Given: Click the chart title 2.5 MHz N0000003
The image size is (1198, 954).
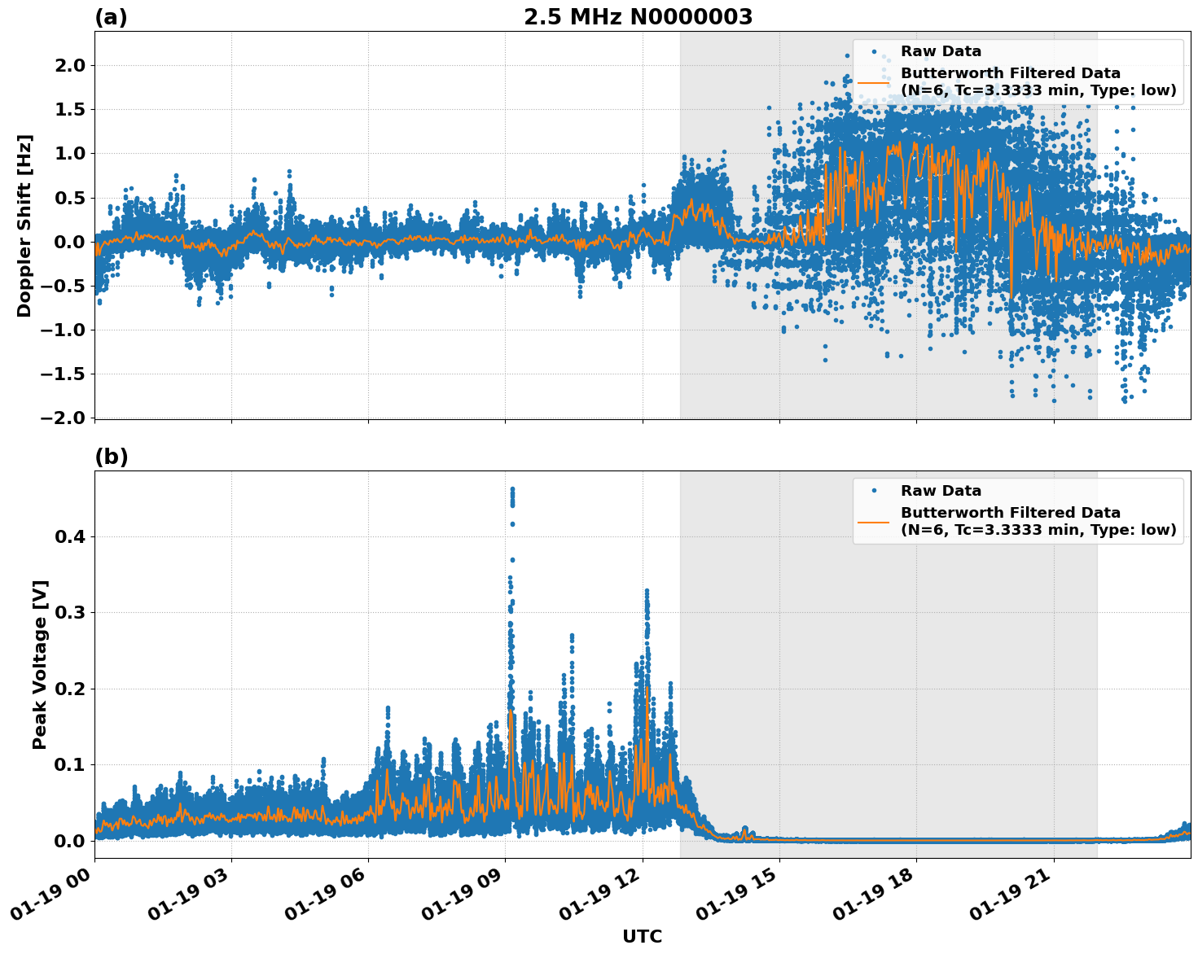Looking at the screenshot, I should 638,17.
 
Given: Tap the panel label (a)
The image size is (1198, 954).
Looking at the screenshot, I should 111,17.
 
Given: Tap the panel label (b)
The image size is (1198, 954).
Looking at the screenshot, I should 111,457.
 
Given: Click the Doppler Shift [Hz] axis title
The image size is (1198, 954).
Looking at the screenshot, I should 24,225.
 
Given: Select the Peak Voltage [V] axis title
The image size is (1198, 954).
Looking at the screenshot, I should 40,664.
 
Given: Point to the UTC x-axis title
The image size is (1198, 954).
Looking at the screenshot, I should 642,936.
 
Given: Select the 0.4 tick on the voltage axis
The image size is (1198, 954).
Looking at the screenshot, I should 70,536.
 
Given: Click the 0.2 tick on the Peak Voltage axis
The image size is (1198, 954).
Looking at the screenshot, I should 70,689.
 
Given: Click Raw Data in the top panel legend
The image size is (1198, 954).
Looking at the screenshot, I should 941,51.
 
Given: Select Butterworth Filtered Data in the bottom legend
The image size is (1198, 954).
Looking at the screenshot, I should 1010,513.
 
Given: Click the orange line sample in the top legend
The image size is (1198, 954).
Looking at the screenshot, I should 873,81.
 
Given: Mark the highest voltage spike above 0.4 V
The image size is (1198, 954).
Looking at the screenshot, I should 512,490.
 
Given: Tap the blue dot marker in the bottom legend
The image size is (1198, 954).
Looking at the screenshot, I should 873,491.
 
